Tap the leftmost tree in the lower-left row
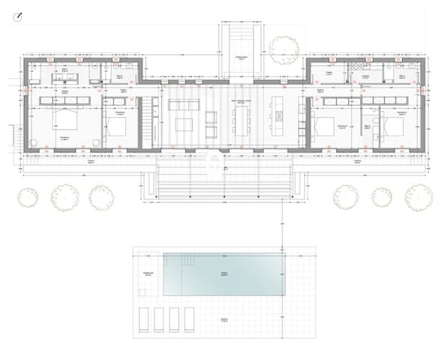point(28,196)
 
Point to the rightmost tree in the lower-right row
point(415,196)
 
